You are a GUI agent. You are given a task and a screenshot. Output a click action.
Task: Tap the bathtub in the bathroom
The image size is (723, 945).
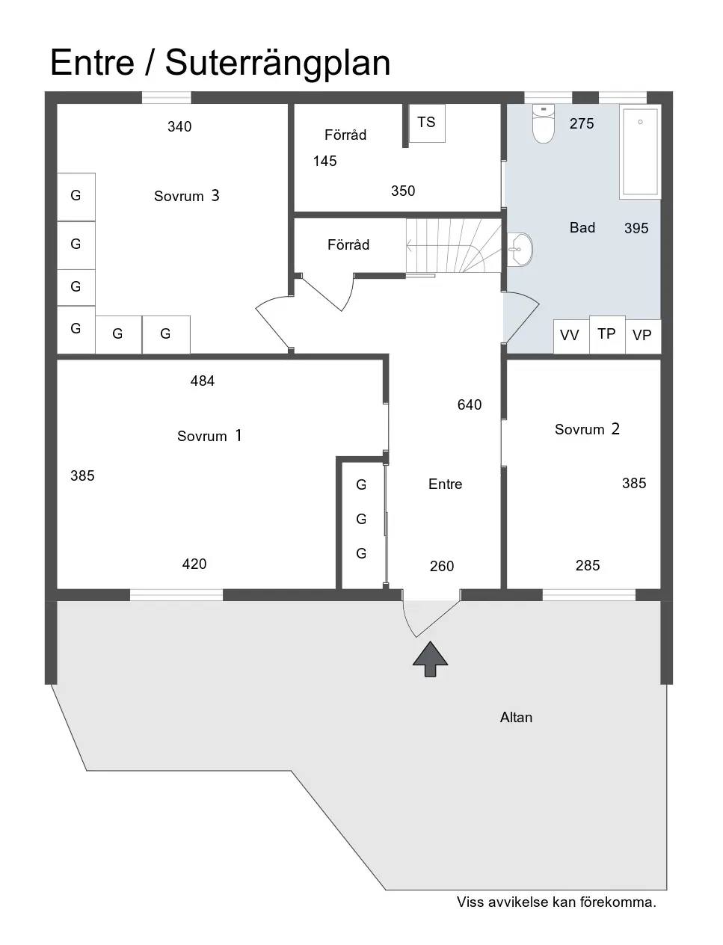(640, 152)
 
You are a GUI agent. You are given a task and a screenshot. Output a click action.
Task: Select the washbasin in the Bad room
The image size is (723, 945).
(520, 249)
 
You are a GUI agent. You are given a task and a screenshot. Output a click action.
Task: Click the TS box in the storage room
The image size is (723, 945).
(426, 123)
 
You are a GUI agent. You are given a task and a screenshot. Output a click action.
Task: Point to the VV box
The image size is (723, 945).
(571, 336)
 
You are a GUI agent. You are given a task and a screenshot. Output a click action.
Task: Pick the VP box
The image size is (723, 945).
(643, 336)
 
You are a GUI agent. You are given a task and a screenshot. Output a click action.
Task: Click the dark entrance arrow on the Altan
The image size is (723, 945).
(431, 659)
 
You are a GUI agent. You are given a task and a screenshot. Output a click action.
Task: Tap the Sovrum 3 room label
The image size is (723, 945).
(187, 196)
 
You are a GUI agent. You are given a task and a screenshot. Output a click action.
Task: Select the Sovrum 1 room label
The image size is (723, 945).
(209, 436)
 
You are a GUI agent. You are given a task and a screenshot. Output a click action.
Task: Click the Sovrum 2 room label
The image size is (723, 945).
(587, 429)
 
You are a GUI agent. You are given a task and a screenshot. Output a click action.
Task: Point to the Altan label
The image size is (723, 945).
(516, 717)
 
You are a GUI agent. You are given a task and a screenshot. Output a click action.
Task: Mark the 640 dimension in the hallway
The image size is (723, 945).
(470, 404)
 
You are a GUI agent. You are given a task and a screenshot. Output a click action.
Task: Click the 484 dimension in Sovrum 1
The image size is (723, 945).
(203, 381)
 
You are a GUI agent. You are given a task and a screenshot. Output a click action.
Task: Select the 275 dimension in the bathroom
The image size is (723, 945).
(582, 123)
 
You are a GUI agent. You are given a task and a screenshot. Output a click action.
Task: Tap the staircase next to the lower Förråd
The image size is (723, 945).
(454, 245)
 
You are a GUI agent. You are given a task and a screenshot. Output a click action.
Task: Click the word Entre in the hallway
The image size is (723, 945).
(446, 484)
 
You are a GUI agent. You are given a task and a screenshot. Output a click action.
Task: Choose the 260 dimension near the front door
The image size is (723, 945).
(442, 566)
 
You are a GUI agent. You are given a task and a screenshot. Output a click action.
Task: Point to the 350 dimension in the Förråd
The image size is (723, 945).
(403, 191)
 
